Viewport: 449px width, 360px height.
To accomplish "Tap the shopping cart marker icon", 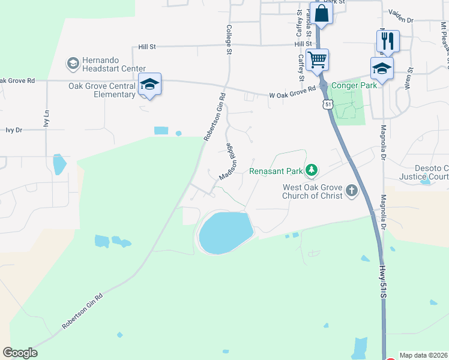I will pyautogui.click(x=316, y=59).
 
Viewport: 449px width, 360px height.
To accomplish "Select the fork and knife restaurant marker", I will pyautogui.click(x=387, y=41).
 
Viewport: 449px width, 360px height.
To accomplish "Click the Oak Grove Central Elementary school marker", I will pyautogui.click(x=149, y=84).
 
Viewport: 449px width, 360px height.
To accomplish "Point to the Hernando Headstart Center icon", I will pyautogui.click(x=73, y=63).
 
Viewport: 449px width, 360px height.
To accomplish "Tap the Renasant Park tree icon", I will pyautogui.click(x=311, y=171).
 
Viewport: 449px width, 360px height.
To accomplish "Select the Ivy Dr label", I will pyautogui.click(x=13, y=130).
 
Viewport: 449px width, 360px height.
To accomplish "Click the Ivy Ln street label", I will pyautogui.click(x=46, y=119).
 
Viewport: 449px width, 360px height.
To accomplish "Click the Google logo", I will pyautogui.click(x=20, y=353).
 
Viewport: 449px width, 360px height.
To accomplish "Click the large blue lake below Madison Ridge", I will pyautogui.click(x=224, y=233).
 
